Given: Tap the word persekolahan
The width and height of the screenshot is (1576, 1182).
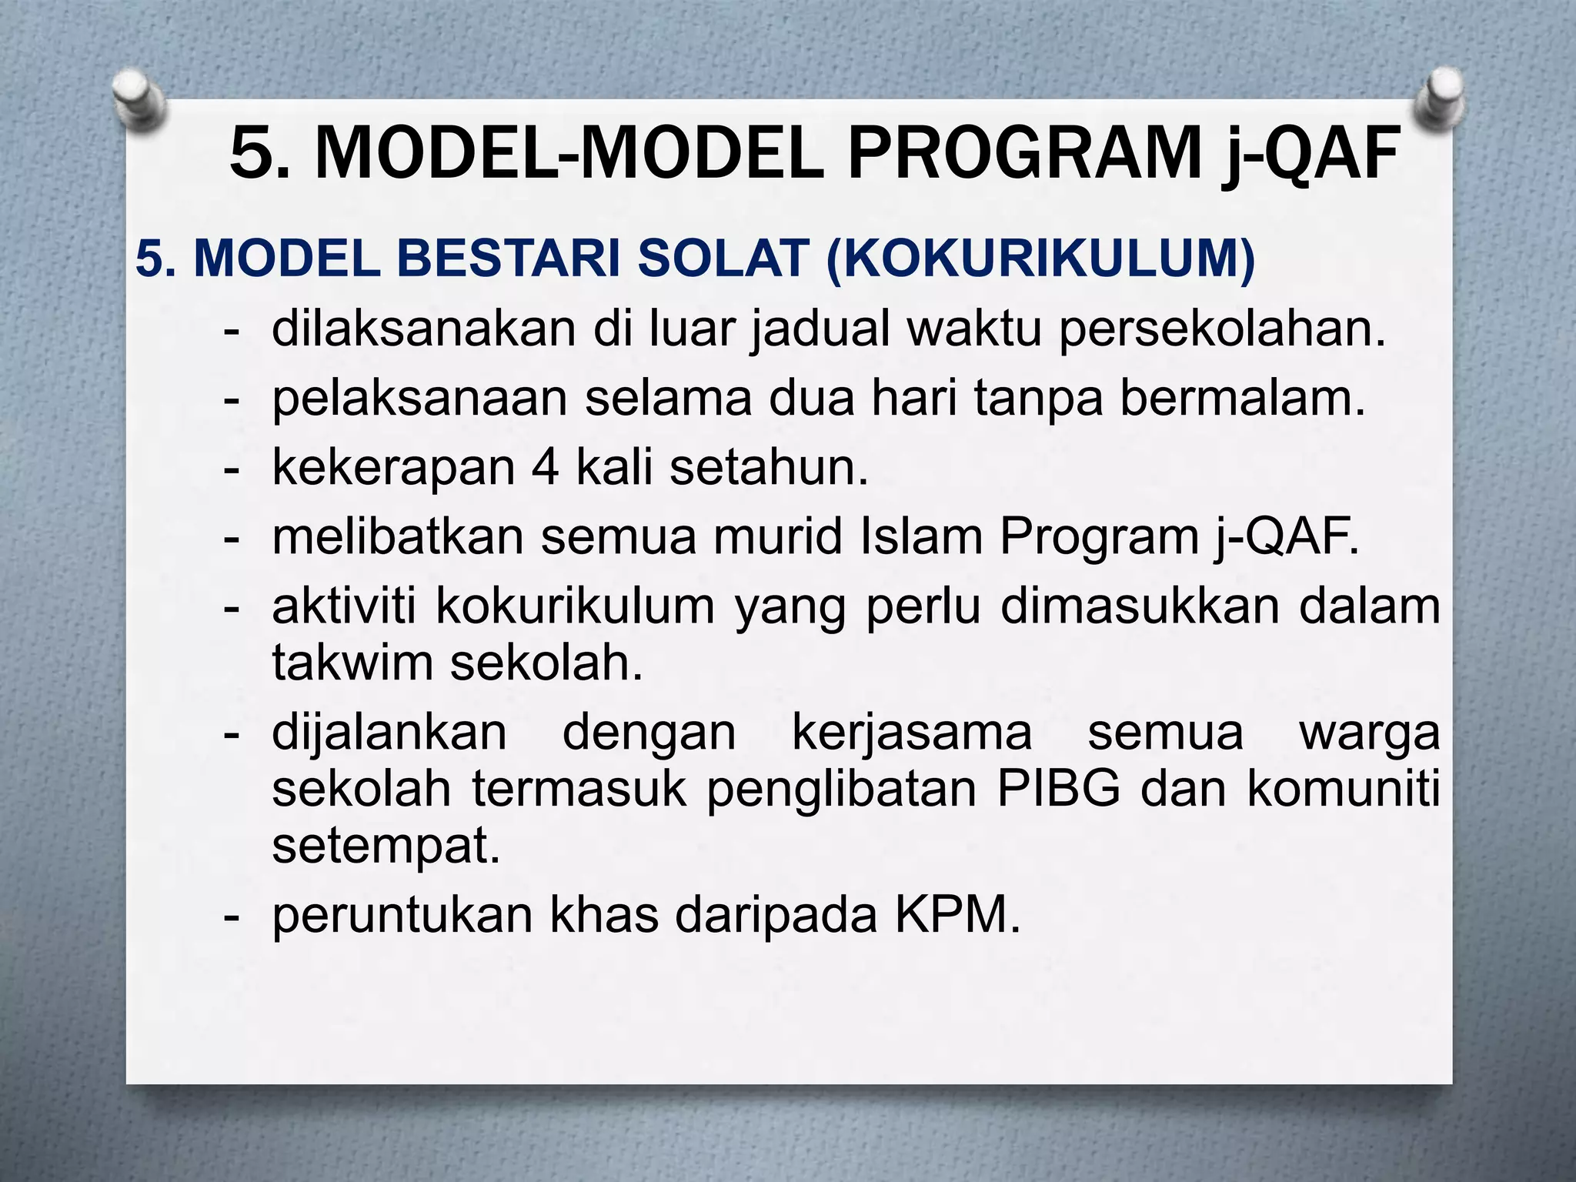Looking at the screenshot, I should [1222, 329].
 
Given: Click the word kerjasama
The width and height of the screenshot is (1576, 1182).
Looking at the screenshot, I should [912, 732].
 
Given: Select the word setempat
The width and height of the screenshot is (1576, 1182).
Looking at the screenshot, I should [386, 846].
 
